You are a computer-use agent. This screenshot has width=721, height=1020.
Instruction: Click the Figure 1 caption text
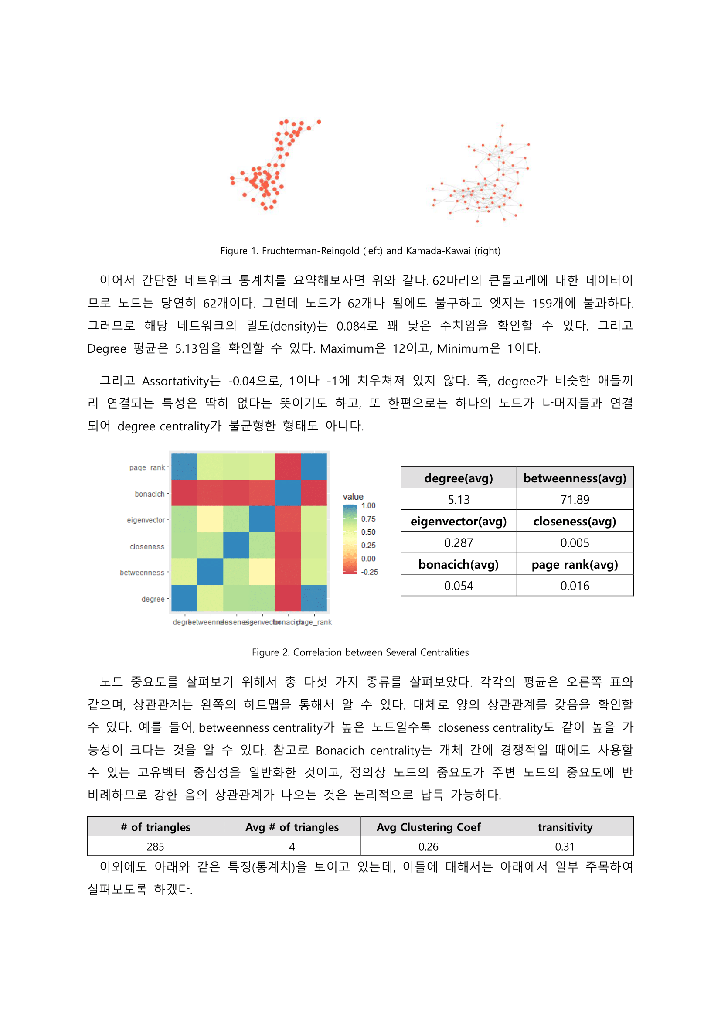(360, 251)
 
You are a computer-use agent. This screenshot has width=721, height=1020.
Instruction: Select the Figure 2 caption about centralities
(360, 652)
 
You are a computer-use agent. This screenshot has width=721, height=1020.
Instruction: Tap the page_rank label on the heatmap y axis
(146, 467)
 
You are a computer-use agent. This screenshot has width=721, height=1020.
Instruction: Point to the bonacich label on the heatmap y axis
(150, 494)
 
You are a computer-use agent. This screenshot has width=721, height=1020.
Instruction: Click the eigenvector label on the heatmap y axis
(146, 520)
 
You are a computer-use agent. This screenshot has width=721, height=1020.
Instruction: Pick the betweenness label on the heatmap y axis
(142, 573)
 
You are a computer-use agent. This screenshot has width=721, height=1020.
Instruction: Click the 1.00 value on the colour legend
(368, 505)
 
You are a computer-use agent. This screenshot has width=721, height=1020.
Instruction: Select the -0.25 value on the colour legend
(369, 572)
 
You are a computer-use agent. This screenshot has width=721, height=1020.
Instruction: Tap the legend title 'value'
(353, 496)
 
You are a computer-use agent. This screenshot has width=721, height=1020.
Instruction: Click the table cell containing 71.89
(575, 500)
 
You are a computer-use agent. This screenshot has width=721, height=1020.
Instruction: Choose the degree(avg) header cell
(459, 478)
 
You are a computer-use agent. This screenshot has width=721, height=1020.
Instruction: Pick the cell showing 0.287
(459, 543)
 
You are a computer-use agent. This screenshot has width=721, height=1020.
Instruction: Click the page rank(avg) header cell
(575, 565)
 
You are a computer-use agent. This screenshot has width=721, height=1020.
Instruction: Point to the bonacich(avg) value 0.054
(459, 586)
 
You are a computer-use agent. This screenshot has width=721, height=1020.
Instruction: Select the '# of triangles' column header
(155, 827)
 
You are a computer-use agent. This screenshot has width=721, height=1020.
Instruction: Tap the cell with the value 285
(155, 847)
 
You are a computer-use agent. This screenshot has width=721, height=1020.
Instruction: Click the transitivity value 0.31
(565, 847)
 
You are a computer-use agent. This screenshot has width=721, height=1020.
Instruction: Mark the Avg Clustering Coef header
(429, 827)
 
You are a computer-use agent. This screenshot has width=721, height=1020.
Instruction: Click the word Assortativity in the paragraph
(181, 381)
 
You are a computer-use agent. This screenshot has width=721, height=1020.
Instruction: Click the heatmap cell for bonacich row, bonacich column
(288, 493)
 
